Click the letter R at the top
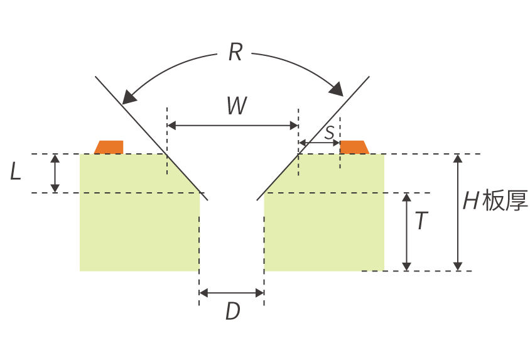point(235,52)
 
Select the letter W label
point(237,106)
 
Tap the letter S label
point(330,133)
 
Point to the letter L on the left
point(16,171)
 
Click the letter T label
point(421,221)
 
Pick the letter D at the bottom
point(233,311)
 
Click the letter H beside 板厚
point(470,201)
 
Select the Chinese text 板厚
point(505,201)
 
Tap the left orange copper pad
point(109,147)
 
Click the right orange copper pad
point(354,147)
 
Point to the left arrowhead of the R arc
point(129,97)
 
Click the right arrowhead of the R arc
point(337,89)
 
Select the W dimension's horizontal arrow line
point(233,126)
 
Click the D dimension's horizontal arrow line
point(232,293)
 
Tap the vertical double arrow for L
point(55,173)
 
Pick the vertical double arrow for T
point(407,232)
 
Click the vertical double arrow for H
point(458,212)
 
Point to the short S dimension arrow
point(320,143)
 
